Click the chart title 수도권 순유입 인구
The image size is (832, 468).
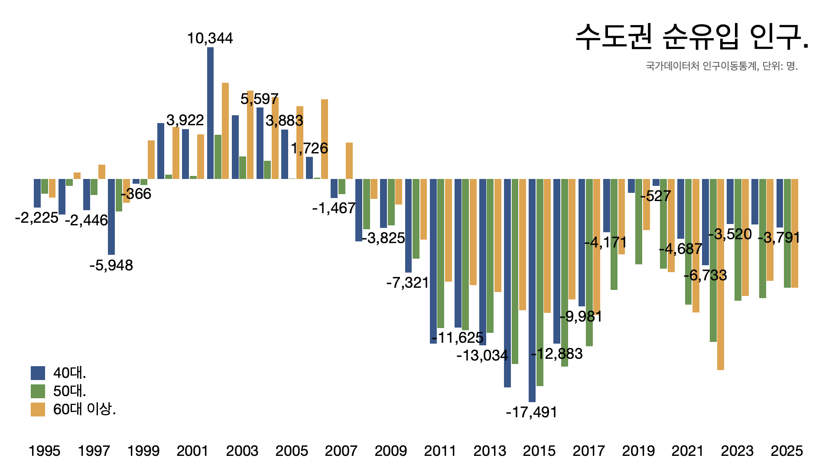click(x=692, y=37)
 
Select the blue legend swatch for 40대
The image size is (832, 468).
click(x=38, y=373)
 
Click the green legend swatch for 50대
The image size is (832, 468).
click(x=38, y=391)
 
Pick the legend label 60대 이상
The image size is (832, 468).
click(x=84, y=409)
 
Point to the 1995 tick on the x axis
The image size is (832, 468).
click(x=44, y=451)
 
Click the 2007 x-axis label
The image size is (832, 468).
click(x=341, y=451)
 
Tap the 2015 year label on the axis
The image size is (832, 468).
click(x=539, y=451)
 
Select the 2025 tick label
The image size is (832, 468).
click(x=786, y=451)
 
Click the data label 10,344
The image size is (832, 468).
click(x=210, y=39)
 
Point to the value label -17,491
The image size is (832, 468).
click(x=531, y=412)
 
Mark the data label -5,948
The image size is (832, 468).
click(x=111, y=265)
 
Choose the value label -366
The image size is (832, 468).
click(x=136, y=194)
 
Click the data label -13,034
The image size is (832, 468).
click(x=482, y=355)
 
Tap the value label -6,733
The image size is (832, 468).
click(x=705, y=275)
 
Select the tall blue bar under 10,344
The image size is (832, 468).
click(x=210, y=113)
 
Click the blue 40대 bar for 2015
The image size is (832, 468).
click(x=532, y=290)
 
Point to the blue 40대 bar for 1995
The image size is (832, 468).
click(x=37, y=193)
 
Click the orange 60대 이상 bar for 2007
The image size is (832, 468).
click(x=349, y=161)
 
